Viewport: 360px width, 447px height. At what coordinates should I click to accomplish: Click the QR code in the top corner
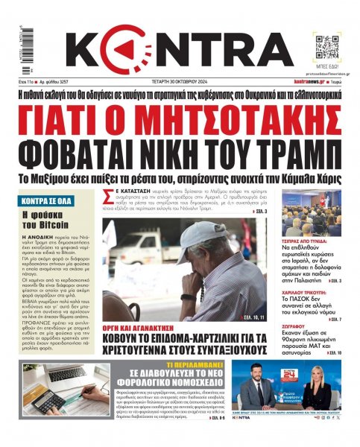pos(326,46)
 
